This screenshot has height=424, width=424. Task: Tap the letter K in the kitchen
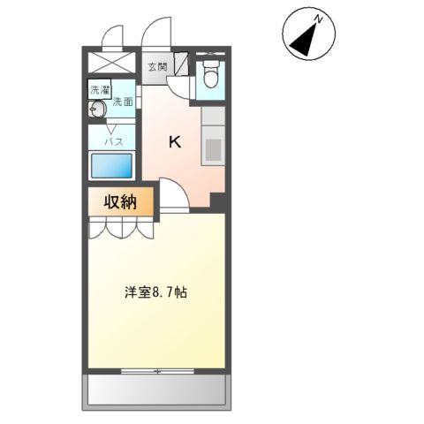tap(175, 142)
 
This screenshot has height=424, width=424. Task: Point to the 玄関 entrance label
tap(157, 66)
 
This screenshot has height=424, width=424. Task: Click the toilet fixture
tap(209, 78)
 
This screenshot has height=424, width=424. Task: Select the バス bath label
tap(113, 140)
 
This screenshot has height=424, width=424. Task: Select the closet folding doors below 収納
tap(121, 228)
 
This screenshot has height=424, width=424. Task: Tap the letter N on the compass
tap(322, 19)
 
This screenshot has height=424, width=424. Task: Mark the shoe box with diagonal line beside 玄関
tap(180, 64)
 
